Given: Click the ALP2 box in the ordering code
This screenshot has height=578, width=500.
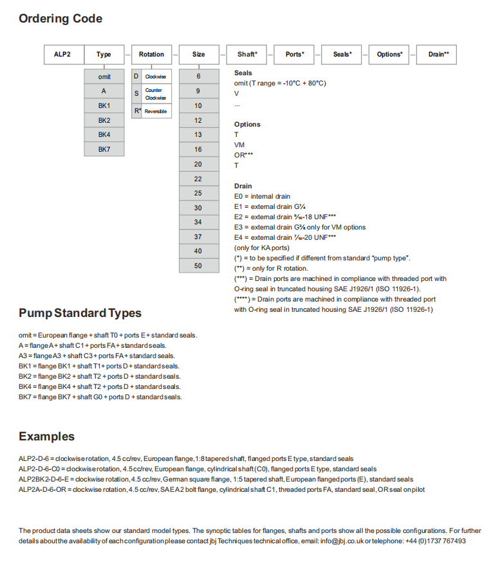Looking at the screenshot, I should [64, 55].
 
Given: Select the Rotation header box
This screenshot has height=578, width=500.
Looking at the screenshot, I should [151, 55].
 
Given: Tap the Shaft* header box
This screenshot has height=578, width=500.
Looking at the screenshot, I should [247, 55].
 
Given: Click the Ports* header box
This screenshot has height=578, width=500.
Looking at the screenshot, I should [295, 55].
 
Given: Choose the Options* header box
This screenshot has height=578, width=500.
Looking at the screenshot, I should [390, 55].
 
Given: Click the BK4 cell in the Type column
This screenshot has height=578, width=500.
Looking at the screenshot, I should [104, 134].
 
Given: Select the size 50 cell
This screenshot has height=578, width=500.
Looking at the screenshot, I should [198, 266].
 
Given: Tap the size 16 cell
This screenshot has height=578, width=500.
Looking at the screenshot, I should [198, 149].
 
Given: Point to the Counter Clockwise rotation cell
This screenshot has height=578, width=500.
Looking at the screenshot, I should [155, 94].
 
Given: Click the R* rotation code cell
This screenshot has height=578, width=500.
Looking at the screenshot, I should [136, 111].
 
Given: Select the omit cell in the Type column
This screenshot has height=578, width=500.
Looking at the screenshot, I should [104, 77].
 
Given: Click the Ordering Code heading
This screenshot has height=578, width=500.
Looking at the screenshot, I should [60, 19].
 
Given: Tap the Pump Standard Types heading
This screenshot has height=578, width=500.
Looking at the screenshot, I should [80, 313].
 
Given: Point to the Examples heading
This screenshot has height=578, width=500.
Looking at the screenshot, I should [46, 437].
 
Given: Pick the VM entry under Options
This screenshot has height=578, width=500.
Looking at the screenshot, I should [239, 145].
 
